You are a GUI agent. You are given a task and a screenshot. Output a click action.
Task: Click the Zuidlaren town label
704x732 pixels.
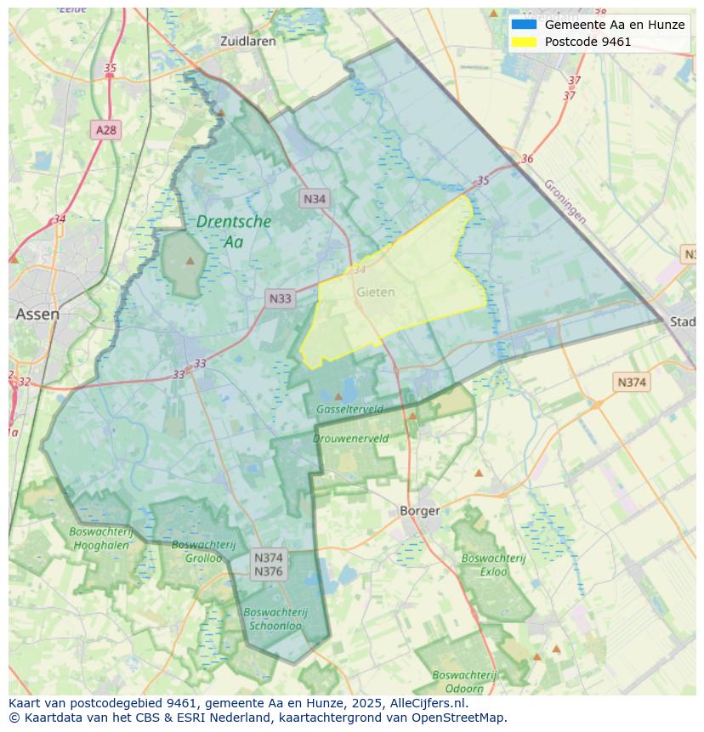(247, 41)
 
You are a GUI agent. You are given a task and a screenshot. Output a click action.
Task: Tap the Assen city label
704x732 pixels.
(37, 314)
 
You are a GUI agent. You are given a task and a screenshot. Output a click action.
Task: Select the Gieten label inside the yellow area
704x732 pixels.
(375, 292)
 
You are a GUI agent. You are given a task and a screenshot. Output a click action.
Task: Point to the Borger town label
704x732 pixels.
(420, 511)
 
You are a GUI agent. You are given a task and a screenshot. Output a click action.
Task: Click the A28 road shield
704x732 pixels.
(105, 130)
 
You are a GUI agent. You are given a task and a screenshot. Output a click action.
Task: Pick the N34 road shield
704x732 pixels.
(315, 199)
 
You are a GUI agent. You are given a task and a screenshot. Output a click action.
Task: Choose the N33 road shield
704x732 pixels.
(280, 298)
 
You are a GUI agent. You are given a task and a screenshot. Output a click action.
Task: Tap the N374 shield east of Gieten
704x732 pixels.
(631, 383)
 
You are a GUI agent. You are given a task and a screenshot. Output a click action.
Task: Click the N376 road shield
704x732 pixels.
(269, 571)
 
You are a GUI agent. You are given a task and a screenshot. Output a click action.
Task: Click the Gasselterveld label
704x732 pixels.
(349, 409)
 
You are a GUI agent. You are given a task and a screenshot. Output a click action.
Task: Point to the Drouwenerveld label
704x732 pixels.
(350, 439)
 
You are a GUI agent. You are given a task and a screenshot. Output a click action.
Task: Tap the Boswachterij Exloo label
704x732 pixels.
(494, 565)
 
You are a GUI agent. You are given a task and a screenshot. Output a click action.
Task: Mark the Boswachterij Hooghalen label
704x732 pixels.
(100, 538)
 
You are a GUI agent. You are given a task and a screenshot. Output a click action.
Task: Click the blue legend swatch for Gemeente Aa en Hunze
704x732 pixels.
(524, 25)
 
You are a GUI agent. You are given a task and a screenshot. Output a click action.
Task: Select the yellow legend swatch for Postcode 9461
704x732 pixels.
(524, 42)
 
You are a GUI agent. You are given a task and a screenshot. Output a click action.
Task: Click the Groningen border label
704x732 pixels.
(565, 201)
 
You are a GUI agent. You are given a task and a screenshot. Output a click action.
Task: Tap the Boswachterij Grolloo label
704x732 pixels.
(197, 551)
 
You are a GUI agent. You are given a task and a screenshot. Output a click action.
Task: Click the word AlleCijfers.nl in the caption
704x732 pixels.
(428, 703)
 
